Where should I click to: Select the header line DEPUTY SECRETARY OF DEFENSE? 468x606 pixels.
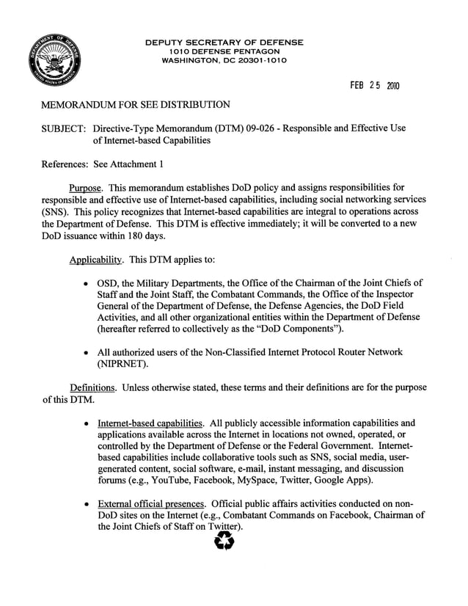tap(224, 43)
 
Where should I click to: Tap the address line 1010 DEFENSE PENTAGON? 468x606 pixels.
tap(224, 51)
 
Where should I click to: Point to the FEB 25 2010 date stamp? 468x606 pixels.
tap(373, 85)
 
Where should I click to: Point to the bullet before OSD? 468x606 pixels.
tap(87, 283)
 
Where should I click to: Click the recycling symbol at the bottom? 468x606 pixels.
tap(222, 542)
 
